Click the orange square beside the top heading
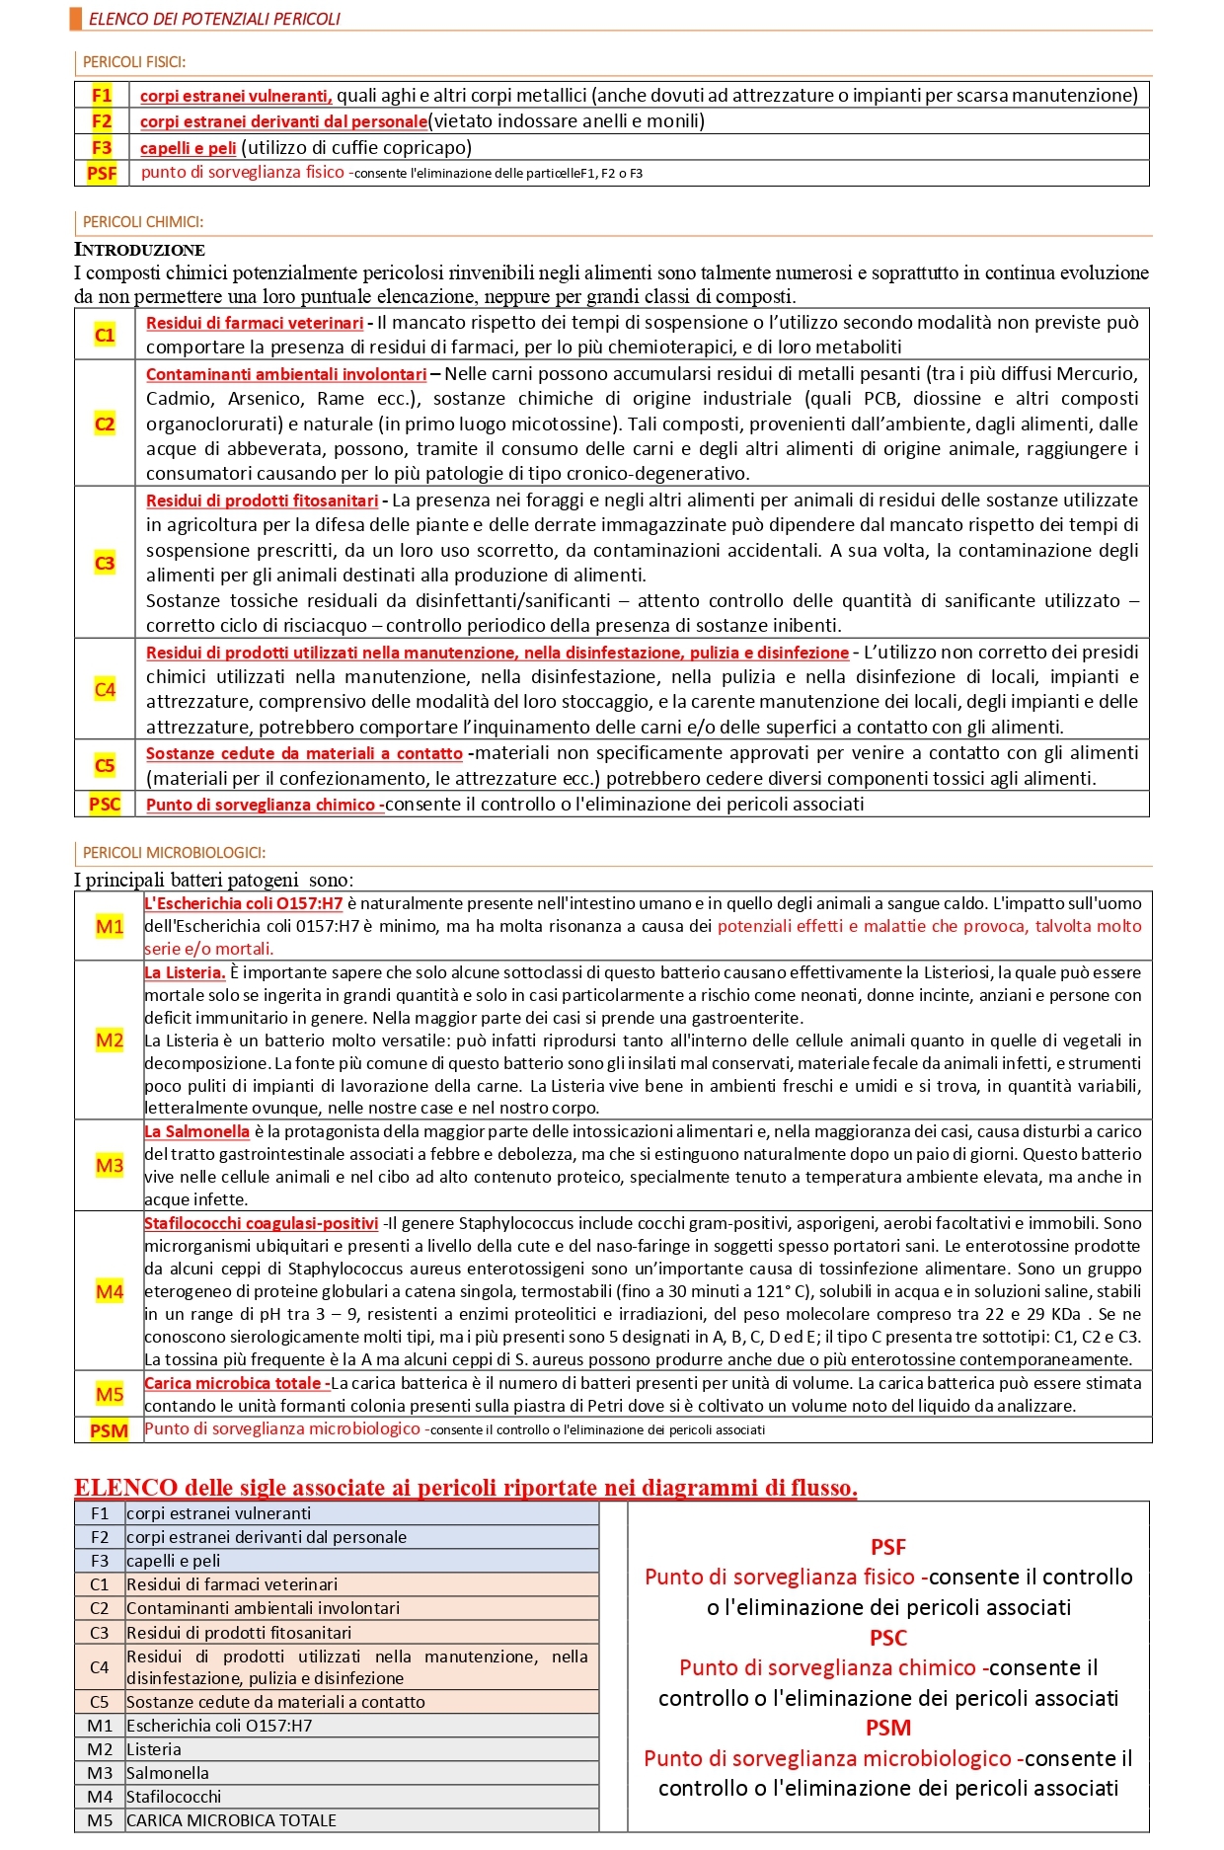tap(76, 18)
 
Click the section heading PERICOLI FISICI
tap(134, 62)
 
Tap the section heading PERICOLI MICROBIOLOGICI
tap(174, 853)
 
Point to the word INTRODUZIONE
tap(139, 250)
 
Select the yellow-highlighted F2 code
tap(102, 121)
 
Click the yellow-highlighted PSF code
tap(102, 174)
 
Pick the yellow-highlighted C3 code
tap(105, 563)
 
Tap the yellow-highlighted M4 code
tap(110, 1291)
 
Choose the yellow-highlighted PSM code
tap(109, 1430)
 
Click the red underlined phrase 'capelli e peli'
tap(188, 148)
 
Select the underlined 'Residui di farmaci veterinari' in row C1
tap(255, 323)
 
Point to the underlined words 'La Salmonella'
tap(196, 1132)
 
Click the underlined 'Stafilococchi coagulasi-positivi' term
tap(262, 1224)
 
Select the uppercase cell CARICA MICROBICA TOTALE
tap(232, 1820)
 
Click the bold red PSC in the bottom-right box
tap(888, 1638)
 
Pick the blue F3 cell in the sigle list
tap(100, 1561)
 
